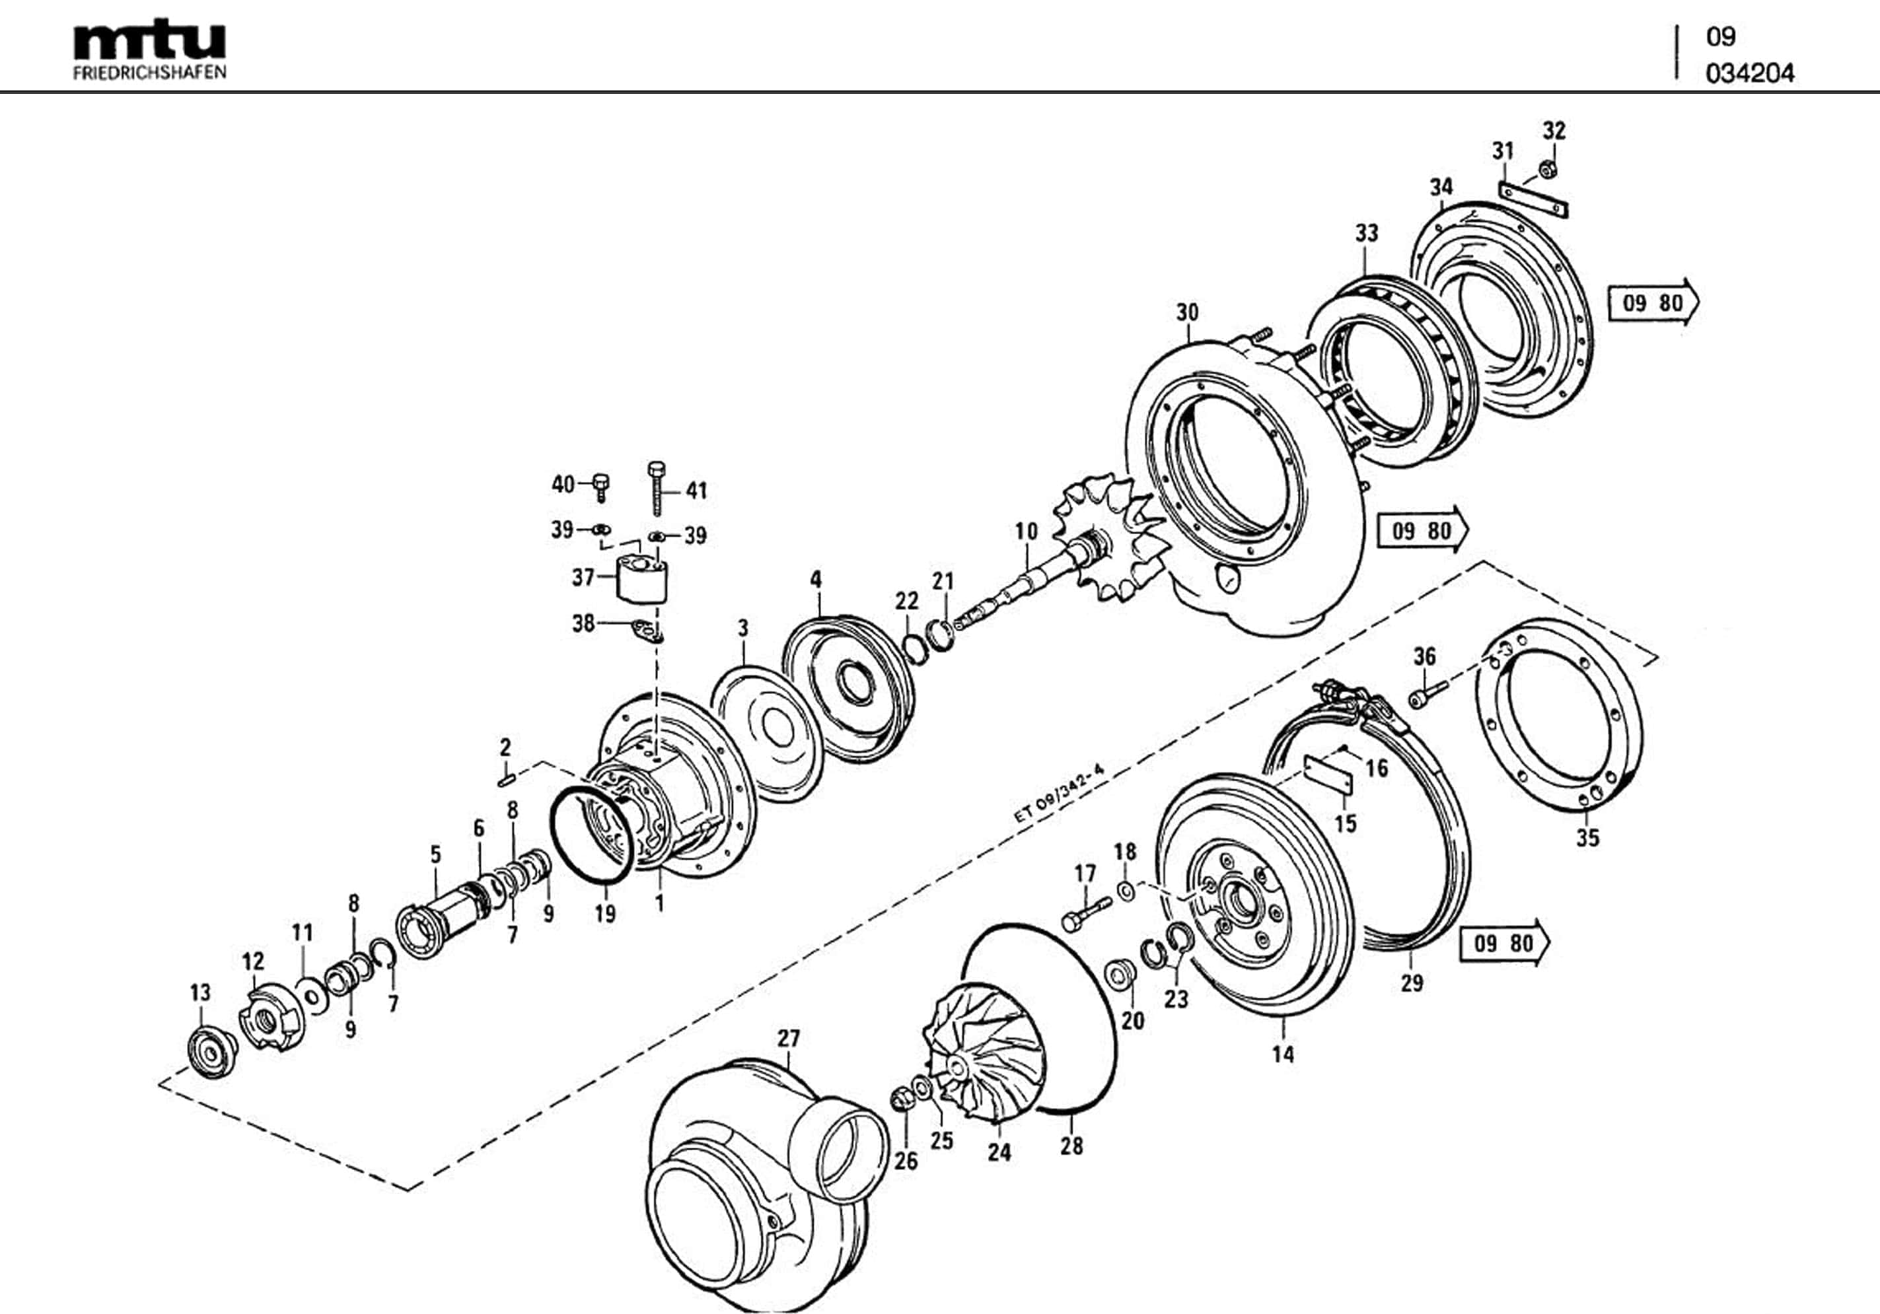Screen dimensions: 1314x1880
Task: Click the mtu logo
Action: click(149, 41)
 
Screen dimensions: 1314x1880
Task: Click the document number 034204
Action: click(1749, 74)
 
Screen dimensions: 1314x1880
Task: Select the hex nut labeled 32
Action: click(1548, 170)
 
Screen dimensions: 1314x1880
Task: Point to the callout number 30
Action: click(1187, 312)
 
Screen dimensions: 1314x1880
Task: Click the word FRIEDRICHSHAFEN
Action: click(149, 73)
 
